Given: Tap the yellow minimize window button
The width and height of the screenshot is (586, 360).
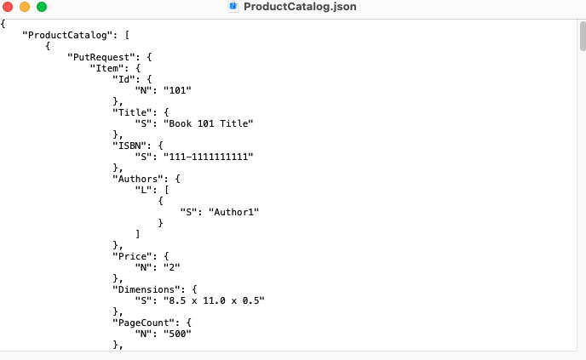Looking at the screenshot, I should (x=25, y=7).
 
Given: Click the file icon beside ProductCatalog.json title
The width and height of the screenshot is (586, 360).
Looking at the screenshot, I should (x=233, y=7).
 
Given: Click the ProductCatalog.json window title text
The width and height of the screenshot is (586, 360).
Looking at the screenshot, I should (x=300, y=7).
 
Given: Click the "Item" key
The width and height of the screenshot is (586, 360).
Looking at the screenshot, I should (x=111, y=67).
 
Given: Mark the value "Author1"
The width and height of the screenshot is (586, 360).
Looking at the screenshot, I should (x=229, y=211).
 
